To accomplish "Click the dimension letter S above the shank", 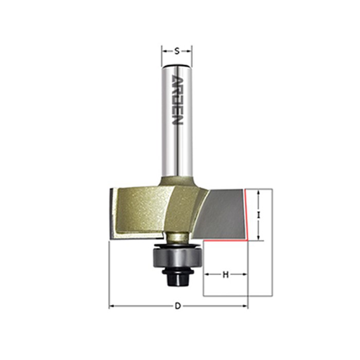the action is [177, 51].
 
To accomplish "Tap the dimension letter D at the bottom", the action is [178, 306].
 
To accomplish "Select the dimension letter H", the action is [226, 274].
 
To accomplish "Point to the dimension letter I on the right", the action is [259, 215].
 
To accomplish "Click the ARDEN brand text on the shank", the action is [177, 100].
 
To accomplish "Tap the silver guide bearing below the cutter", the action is [178, 258].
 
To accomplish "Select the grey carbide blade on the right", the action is [221, 214].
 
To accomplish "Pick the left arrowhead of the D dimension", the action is [112, 306].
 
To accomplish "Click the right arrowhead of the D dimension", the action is [245, 306].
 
